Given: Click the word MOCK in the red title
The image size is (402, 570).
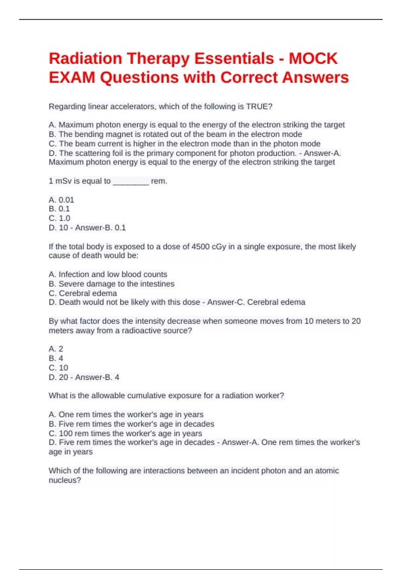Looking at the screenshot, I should [x=313, y=58].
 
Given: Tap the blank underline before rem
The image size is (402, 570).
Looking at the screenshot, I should [x=131, y=182].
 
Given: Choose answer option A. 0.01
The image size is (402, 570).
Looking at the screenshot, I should [x=61, y=200].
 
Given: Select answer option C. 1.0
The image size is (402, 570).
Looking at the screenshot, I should [x=60, y=218].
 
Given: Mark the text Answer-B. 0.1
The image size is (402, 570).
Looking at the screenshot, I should [x=100, y=228].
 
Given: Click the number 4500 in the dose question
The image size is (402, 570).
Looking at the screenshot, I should [x=200, y=247].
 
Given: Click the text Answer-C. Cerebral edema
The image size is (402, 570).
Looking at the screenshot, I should [x=256, y=302].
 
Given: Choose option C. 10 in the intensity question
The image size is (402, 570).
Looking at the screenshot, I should [x=59, y=368].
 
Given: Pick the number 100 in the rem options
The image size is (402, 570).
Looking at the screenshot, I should [x=66, y=434].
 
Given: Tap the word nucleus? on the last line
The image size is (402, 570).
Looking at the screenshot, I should [x=65, y=480].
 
